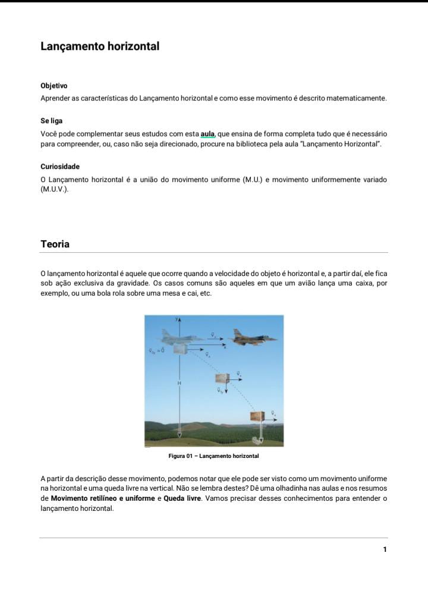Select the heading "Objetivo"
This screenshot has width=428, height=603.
click(x=54, y=86)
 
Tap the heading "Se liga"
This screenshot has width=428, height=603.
click(x=52, y=121)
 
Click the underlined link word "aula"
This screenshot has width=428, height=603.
click(x=207, y=134)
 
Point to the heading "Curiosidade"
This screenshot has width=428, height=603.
click(x=60, y=167)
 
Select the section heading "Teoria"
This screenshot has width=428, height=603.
click(x=55, y=244)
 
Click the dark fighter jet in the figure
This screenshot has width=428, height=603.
click(x=253, y=337)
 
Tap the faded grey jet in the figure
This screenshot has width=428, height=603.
click(x=181, y=337)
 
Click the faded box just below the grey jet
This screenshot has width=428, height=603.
click(x=180, y=350)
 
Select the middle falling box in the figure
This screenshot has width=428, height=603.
click(x=222, y=379)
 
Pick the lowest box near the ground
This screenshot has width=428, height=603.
click(x=257, y=416)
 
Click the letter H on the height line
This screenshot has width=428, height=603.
click(x=179, y=384)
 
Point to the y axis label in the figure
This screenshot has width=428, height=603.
click(x=176, y=319)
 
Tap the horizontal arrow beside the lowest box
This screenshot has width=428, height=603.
click(x=272, y=419)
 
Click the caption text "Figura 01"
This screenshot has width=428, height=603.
click(x=180, y=456)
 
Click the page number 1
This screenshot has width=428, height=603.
click(x=385, y=549)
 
